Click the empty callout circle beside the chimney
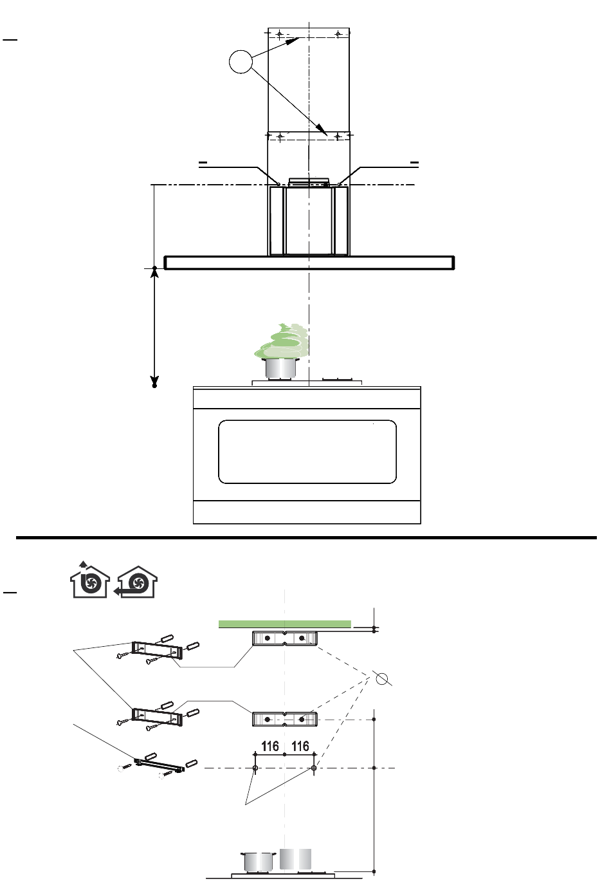pyautogui.click(x=241, y=62)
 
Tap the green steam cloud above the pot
pyautogui.click(x=282, y=341)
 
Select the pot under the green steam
pyautogui.click(x=282, y=369)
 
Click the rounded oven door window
pyautogui.click(x=307, y=452)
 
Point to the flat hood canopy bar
pyautogui.click(x=309, y=263)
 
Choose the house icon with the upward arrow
pyautogui.click(x=90, y=580)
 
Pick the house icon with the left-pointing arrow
pyautogui.click(x=136, y=582)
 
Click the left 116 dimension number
pyautogui.click(x=270, y=746)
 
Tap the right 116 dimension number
pyautogui.click(x=300, y=746)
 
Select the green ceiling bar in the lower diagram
pyautogui.click(x=285, y=624)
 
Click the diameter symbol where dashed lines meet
pyautogui.click(x=382, y=678)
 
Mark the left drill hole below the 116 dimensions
pyautogui.click(x=255, y=768)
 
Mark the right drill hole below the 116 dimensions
pyautogui.click(x=314, y=768)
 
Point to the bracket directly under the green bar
pyautogui.click(x=285, y=638)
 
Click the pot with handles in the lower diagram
pyautogui.click(x=259, y=861)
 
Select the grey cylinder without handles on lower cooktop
pyautogui.click(x=295, y=859)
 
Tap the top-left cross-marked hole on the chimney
pyautogui.click(x=280, y=34)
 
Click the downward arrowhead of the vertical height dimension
pyautogui.click(x=154, y=381)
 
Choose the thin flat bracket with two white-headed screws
pyautogui.click(x=160, y=765)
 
